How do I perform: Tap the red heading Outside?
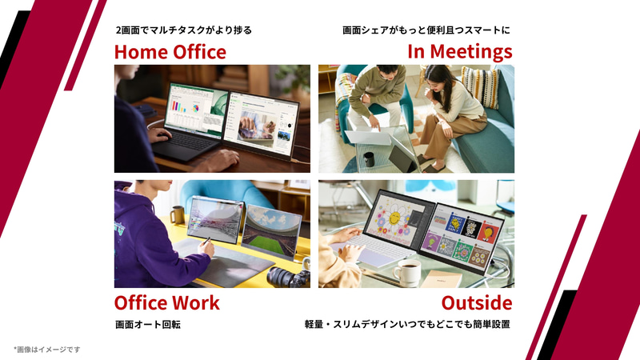(x=476, y=303)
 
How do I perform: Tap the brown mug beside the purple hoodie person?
(x=177, y=214)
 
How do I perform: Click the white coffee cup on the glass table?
(x=407, y=273)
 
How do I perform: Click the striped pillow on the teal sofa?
(x=478, y=85)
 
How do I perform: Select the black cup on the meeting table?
(x=369, y=159)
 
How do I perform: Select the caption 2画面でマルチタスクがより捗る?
(x=183, y=30)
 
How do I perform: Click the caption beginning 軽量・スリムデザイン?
(x=407, y=325)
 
